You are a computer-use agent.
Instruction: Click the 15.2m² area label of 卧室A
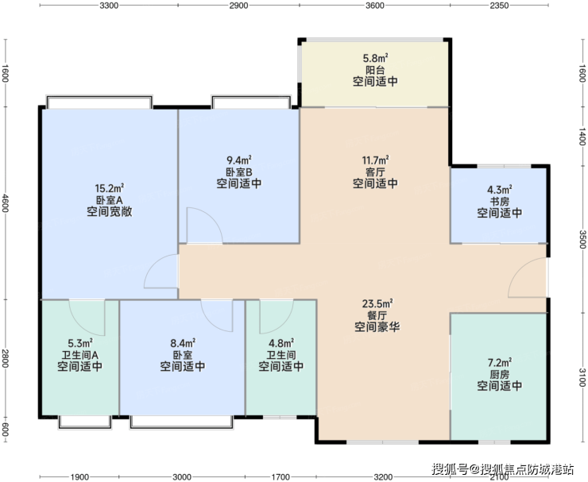coord(110,187)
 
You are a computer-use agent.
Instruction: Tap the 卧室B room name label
coord(239,172)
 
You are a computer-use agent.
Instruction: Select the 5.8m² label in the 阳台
coord(375,58)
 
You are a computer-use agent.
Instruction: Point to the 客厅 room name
coord(375,172)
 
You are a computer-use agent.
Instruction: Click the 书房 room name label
coord(500,201)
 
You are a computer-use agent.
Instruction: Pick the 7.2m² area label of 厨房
coord(500,363)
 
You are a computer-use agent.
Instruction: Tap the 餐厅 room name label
coord(377,315)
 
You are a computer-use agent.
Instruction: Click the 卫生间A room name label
coord(80,355)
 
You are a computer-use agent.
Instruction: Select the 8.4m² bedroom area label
coord(183,343)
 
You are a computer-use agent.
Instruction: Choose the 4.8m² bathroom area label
coord(281,343)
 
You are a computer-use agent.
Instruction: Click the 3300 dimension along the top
coord(110,6)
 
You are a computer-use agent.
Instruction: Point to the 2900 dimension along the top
coord(239,6)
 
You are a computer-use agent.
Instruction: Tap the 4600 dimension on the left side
coord(5,202)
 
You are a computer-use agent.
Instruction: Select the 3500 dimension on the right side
coord(582,239)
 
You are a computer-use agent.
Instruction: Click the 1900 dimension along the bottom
coord(80,477)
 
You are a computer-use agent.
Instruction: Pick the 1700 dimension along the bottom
coord(281,477)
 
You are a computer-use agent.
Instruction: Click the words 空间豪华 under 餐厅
coord(377,327)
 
